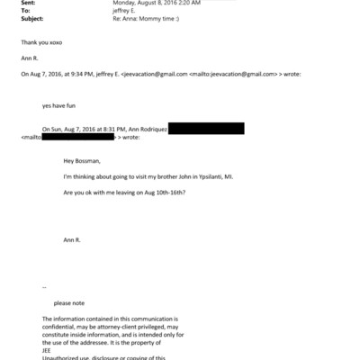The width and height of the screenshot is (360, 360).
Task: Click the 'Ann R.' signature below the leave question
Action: (x=72, y=241)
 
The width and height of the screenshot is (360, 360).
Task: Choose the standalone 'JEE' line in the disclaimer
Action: (x=48, y=343)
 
